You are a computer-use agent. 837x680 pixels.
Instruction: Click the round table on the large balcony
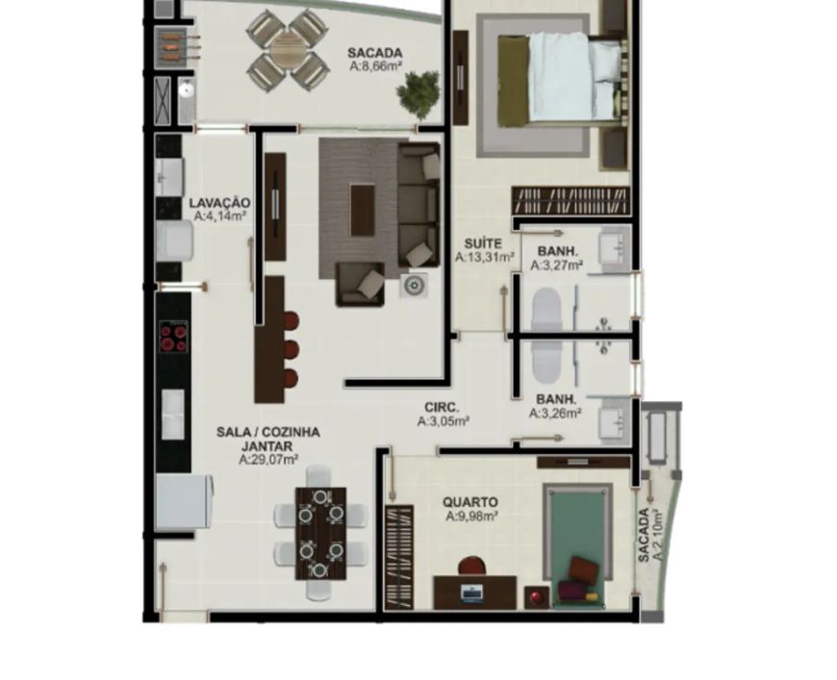click(289, 50)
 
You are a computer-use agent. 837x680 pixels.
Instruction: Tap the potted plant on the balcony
click(418, 94)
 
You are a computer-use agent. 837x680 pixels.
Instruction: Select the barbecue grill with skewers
click(172, 46)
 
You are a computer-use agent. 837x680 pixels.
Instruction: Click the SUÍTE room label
click(483, 244)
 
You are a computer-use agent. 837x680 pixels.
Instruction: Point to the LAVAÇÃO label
click(219, 203)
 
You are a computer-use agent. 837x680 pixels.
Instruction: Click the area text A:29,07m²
click(268, 460)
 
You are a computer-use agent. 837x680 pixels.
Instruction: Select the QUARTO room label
click(470, 502)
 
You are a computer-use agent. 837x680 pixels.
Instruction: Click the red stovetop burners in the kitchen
click(173, 337)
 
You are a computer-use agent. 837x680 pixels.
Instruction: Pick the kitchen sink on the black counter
click(173, 415)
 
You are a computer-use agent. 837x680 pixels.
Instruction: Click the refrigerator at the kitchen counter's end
click(184, 502)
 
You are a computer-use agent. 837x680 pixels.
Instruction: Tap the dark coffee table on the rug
click(363, 210)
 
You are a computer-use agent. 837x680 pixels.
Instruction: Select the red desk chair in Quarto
click(471, 566)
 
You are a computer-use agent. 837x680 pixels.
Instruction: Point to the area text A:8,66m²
click(376, 66)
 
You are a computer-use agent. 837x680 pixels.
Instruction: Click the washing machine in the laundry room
click(174, 241)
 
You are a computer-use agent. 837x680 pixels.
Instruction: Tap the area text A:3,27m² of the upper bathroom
click(556, 265)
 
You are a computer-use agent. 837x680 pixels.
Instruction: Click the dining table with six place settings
click(320, 534)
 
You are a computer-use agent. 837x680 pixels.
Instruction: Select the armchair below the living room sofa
click(360, 284)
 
